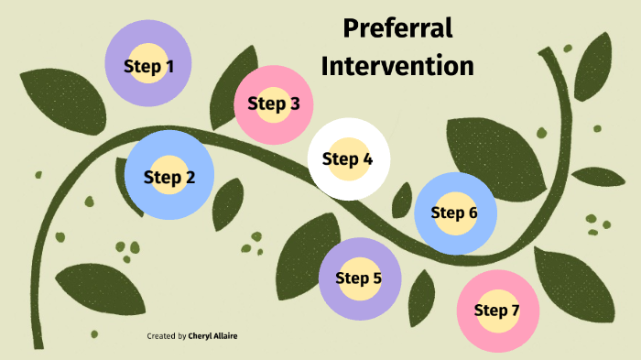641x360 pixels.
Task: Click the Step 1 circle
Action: point(147,66)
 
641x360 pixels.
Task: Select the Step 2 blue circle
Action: point(169,177)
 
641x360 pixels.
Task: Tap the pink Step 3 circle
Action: point(273,104)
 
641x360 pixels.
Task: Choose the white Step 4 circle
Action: point(348,158)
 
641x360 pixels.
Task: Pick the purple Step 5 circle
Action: point(358,278)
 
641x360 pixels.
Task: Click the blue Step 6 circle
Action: point(455,213)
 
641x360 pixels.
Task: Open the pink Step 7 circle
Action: point(497,311)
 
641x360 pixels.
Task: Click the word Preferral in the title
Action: point(397,28)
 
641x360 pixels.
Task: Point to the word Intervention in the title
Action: point(397,66)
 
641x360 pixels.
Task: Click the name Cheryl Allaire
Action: point(213,336)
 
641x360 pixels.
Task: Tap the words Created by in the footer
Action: point(167,336)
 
